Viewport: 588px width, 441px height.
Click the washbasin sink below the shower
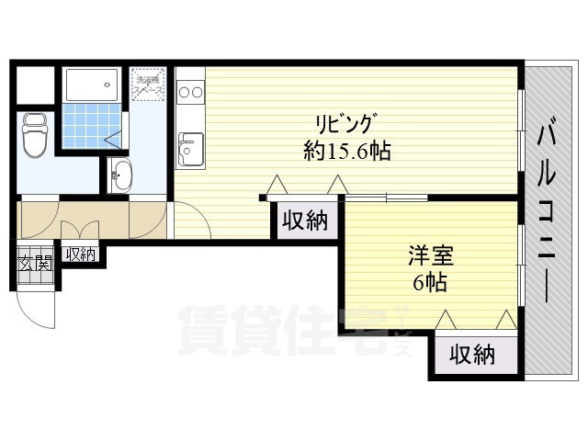120,174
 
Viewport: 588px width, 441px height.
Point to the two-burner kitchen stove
190,92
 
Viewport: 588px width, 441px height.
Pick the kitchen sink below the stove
191,148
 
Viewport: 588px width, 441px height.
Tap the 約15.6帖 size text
347,152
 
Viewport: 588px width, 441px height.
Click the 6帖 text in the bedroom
430,282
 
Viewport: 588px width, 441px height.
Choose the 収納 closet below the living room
303,220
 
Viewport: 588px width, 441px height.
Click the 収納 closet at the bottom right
473,355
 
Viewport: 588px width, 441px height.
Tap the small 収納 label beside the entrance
80,254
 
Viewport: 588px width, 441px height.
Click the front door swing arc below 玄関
41,308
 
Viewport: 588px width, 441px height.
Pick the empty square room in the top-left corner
36,85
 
